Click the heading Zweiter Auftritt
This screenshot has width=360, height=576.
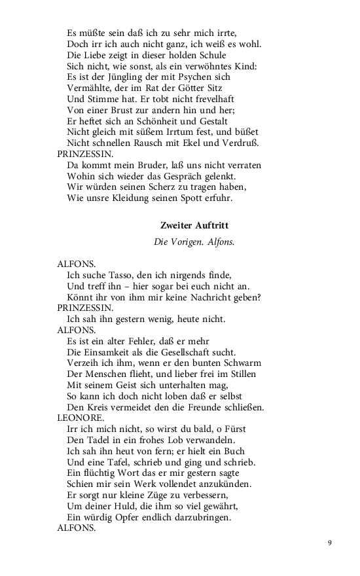[x=194, y=225]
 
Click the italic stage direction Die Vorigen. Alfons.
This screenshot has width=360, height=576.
[x=194, y=242]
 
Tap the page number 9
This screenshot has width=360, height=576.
[x=330, y=543]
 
